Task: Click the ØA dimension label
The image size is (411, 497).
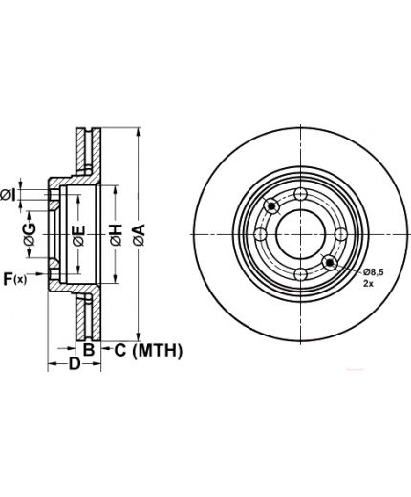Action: click(x=140, y=235)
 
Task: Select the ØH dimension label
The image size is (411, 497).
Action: click(x=117, y=235)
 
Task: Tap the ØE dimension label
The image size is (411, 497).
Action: click(x=79, y=236)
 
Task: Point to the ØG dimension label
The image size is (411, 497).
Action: click(x=30, y=234)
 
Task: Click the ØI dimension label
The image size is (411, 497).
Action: click(x=8, y=195)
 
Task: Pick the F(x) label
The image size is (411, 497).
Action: click(x=15, y=279)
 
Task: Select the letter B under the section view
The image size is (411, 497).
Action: click(x=89, y=349)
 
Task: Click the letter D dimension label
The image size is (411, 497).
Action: click(x=75, y=363)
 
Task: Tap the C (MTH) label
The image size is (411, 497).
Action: click(x=148, y=351)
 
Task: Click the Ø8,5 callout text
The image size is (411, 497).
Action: click(x=374, y=272)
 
